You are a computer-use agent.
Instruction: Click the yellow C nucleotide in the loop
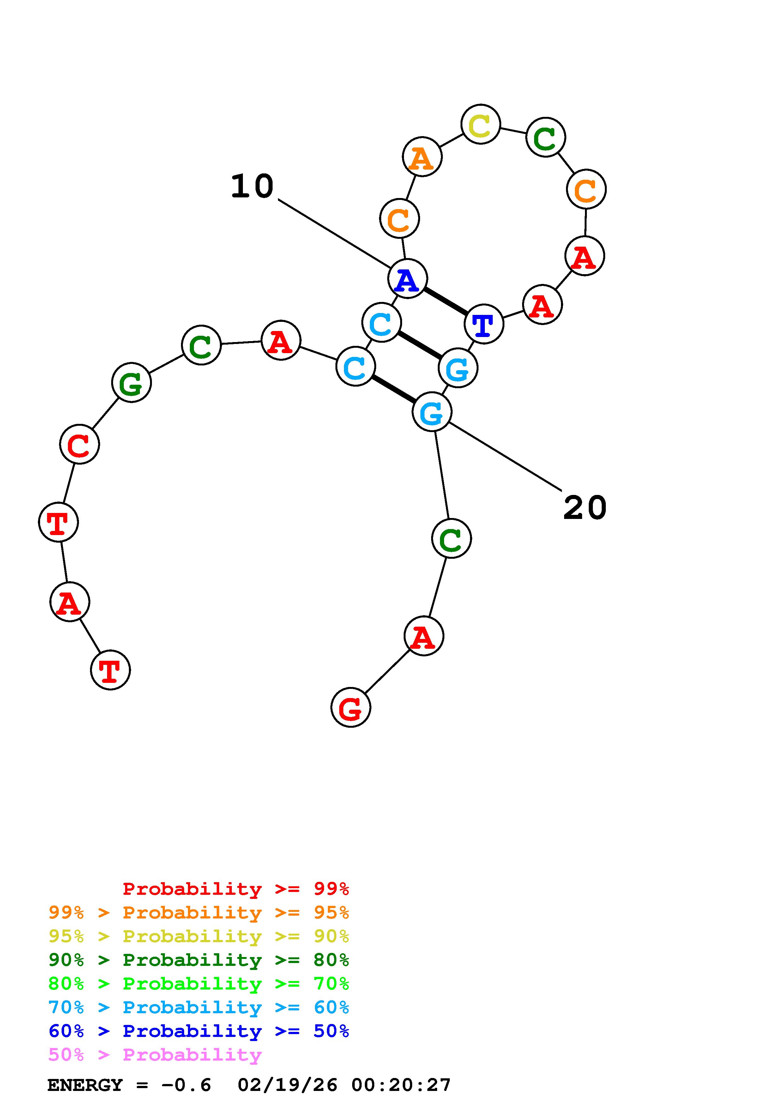[x=480, y=124]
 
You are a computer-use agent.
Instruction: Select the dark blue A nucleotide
[x=407, y=279]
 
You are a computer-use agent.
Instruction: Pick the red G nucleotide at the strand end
[x=351, y=708]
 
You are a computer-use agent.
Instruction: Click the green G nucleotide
[x=131, y=383]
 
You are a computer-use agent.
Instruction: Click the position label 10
[x=252, y=187]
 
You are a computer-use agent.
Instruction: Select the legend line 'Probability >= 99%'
[x=235, y=889]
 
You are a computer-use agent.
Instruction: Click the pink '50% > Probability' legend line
[x=155, y=1055]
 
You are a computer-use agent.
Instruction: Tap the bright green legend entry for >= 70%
[x=199, y=984]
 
